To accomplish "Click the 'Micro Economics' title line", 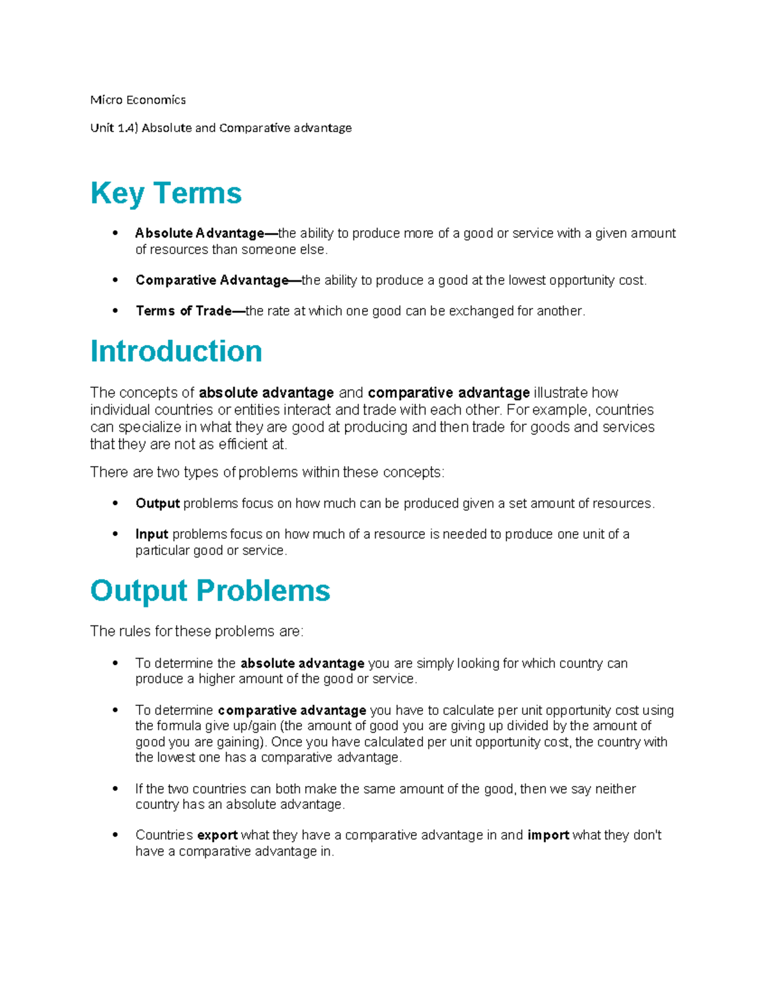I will coord(138,100).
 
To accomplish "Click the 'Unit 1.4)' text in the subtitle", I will coord(114,128).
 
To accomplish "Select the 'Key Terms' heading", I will coord(166,193).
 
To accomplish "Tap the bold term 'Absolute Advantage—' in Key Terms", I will coord(206,234).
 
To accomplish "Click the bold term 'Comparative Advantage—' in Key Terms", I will coord(218,280).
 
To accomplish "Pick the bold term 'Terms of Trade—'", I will coord(190,311).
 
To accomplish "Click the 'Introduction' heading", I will coord(176,351).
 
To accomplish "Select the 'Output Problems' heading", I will coord(210,591).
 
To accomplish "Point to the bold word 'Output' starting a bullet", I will coord(157,504).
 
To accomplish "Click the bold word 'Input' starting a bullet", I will coord(152,534).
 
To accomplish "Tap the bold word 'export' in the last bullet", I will coord(217,835).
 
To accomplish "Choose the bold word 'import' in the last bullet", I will coord(548,835).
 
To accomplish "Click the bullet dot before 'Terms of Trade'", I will coord(115,311).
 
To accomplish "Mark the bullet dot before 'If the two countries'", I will coord(115,789).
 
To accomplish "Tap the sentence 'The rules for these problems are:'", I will coord(196,631).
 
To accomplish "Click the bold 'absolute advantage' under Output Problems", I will coord(302,664).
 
